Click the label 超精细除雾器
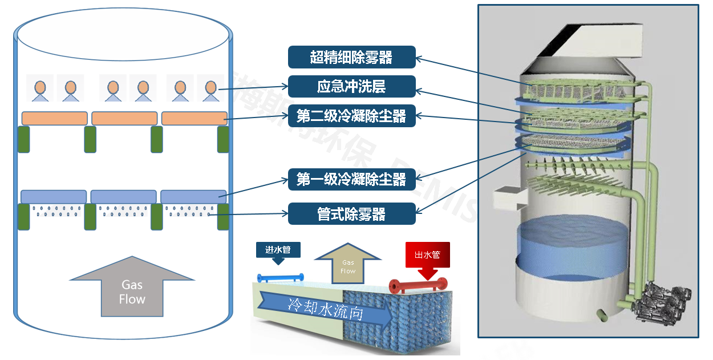351,57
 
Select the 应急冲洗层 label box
351,87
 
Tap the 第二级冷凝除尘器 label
351,116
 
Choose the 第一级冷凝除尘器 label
351,180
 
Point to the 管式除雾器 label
351,214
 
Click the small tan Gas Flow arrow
348,264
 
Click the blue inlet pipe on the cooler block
280,278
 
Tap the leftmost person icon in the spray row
40,88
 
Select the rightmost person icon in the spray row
211,88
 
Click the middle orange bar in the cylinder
124,118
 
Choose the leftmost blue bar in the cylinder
54,196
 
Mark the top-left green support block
24,139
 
